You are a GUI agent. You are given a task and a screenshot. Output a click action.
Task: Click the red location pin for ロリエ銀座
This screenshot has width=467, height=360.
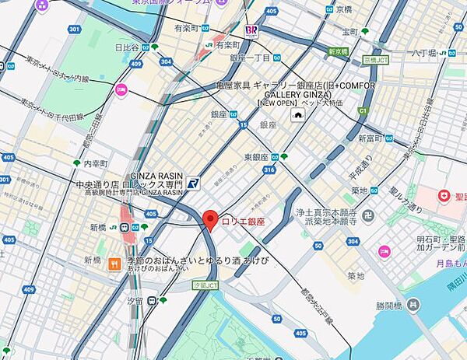(209, 219)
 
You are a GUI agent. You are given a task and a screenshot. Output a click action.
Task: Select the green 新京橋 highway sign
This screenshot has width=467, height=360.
(339, 51)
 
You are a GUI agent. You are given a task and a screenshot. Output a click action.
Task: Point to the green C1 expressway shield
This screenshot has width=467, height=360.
(361, 111)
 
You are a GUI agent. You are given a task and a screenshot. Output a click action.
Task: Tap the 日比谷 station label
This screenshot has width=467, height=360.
(128, 47)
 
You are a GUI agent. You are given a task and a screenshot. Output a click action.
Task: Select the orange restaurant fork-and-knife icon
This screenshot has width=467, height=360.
(114, 263)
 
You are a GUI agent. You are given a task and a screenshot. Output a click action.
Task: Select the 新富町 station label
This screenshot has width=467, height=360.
(372, 138)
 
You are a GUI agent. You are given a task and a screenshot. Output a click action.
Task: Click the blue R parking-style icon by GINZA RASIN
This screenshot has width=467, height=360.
(193, 184)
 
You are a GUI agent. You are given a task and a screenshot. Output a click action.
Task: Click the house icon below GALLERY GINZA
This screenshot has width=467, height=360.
(297, 115)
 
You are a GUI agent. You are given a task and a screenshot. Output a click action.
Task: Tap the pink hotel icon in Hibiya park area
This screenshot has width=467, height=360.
(121, 89)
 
